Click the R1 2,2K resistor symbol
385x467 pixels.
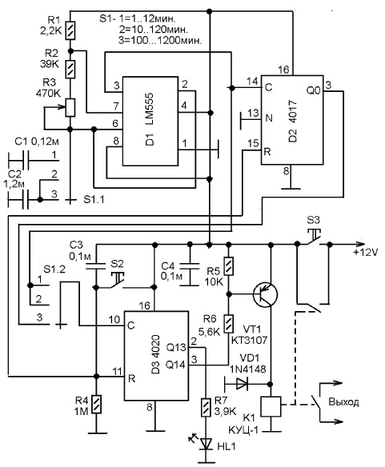70,30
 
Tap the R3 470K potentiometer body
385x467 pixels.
70,107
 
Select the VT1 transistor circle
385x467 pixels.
265,295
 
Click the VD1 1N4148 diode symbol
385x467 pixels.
241,384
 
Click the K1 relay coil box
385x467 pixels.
271,406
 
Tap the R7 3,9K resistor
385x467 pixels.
205,408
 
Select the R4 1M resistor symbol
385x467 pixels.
96,404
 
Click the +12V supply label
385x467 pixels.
366,253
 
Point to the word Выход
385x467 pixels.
343,402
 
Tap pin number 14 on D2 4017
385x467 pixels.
252,82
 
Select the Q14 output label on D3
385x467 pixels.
175,365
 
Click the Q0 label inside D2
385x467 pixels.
314,90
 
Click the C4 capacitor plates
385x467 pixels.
189,266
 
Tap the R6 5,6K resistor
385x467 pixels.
229,324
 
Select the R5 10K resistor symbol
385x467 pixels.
229,266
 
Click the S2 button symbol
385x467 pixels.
116,281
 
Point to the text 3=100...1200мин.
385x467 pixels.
160,40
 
